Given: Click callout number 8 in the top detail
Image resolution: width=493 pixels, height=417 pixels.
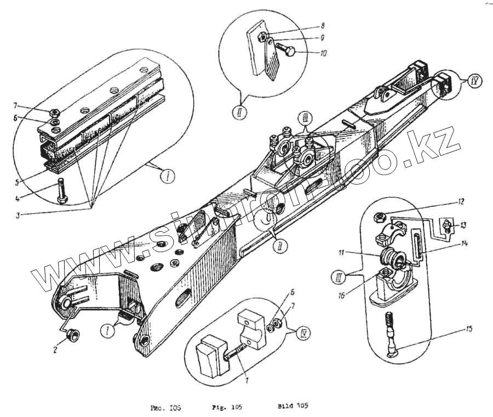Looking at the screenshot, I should (323, 26).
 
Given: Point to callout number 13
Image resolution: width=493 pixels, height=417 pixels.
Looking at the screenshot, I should (465, 224).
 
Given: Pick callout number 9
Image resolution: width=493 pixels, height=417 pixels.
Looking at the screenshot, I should (323, 38).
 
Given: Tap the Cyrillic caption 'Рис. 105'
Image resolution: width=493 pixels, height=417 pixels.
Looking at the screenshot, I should (165, 408).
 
